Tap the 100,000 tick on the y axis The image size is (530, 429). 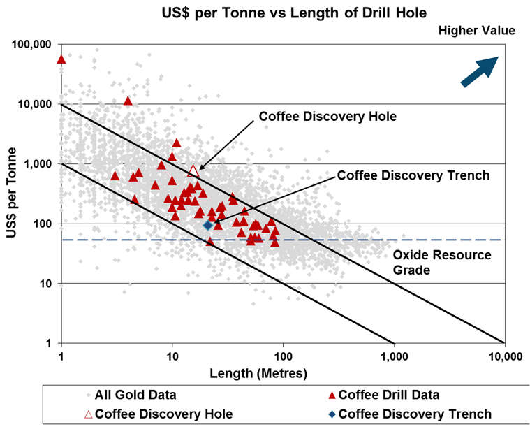click(32, 45)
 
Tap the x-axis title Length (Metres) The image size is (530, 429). click(258, 373)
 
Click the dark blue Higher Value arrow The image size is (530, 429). click(480, 72)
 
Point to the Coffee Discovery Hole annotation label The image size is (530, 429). click(327, 117)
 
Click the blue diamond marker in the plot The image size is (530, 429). click(208, 225)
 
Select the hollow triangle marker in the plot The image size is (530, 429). click(194, 170)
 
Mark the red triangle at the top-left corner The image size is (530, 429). click(61, 59)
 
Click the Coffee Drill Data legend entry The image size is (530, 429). click(390, 395)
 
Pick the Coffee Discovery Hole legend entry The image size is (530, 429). click(158, 414)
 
